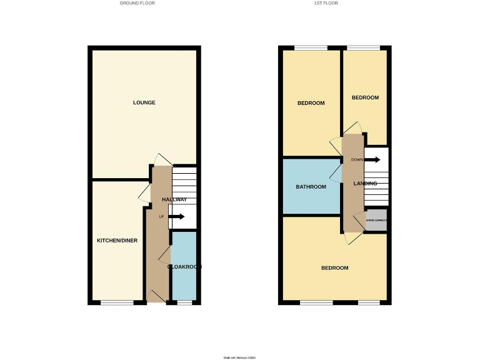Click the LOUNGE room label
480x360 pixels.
click(144, 102)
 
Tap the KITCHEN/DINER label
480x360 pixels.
click(117, 241)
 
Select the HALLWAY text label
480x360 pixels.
click(174, 199)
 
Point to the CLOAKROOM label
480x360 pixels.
click(184, 266)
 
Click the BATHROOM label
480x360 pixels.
click(311, 187)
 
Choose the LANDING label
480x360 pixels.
click(365, 184)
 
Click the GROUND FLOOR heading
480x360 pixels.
click(137, 3)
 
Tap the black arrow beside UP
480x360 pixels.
click(177, 217)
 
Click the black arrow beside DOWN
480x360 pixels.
click(372, 159)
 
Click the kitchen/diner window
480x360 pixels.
click(117, 302)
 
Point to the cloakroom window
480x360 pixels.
click(184, 302)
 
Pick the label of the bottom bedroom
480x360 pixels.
click(334, 268)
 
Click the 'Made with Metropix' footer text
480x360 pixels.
click(240, 357)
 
